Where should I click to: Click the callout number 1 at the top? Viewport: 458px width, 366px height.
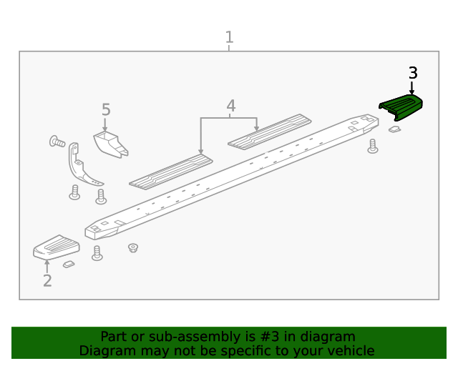pos(229,37)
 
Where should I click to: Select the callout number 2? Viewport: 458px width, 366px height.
pos(47,281)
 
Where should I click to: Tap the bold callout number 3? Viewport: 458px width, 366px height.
pos(413,73)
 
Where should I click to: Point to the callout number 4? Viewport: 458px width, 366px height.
pos(230,107)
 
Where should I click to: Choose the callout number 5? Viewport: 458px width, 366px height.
pos(106,110)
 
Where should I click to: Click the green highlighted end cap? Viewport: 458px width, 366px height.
pos(401,107)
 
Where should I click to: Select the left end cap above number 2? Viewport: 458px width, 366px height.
pos(56,247)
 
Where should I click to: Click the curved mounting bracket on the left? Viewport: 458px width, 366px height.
pos(81,167)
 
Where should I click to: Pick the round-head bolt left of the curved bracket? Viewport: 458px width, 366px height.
pos(57,142)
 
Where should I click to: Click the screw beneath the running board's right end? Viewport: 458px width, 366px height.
pos(372,146)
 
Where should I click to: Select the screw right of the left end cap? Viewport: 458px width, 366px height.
pos(97,253)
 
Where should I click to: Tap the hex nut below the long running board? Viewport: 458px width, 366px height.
pos(132,247)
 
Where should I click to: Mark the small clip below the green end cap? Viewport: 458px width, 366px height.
pos(394,129)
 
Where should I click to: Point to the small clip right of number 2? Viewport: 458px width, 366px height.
pos(69,264)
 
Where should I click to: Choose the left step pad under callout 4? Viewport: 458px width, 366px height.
pos(171,172)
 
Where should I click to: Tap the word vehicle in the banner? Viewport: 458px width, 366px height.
pos(349,351)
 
